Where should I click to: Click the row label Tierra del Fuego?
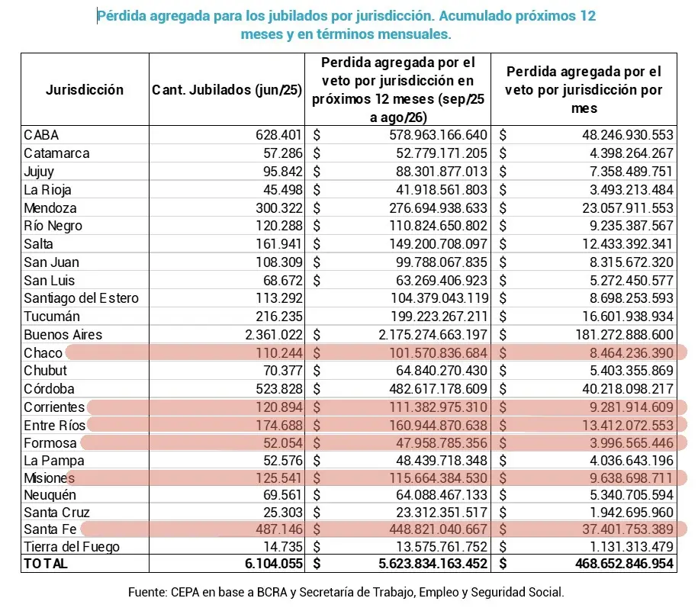(72, 546)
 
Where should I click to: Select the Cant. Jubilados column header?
(227, 90)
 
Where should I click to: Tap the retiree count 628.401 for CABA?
(280, 135)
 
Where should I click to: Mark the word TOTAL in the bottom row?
(46, 564)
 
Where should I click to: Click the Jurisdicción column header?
(85, 90)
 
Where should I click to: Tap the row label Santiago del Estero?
(82, 298)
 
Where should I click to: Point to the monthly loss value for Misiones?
(623, 479)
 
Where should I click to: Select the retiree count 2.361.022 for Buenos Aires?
(271, 334)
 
